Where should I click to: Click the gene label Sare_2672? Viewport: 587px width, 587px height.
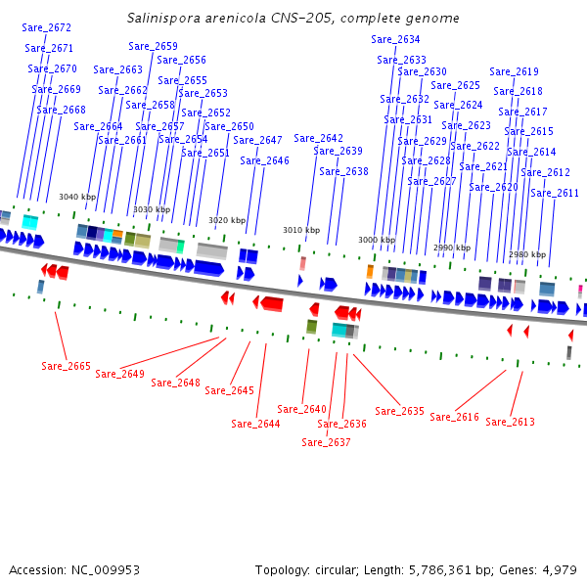pos(46,27)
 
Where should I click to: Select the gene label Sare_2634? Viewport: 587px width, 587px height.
pos(395,39)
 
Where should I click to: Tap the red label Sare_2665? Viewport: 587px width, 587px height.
pos(66,366)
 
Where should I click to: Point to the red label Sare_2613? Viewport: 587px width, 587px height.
pos(510,422)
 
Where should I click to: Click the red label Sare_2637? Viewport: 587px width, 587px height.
pos(326,442)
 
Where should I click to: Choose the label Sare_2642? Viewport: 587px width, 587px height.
pos(318,138)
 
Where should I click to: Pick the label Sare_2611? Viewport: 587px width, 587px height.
pos(555,193)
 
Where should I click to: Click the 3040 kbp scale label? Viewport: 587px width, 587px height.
pos(77,197)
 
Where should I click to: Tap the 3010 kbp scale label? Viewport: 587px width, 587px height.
pos(301,230)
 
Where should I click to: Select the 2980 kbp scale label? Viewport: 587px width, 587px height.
pos(527,254)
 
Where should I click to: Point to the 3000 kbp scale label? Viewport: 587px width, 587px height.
pos(377,240)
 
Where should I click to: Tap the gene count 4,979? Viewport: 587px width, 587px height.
pos(558,569)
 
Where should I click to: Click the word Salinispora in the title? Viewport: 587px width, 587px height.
pos(162,19)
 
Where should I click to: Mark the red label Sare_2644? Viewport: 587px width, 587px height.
pos(255,424)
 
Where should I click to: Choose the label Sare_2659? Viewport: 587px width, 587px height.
pos(154,46)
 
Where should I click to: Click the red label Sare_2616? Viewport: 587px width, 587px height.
pos(454,417)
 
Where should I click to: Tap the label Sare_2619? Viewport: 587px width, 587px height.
pos(514,71)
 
